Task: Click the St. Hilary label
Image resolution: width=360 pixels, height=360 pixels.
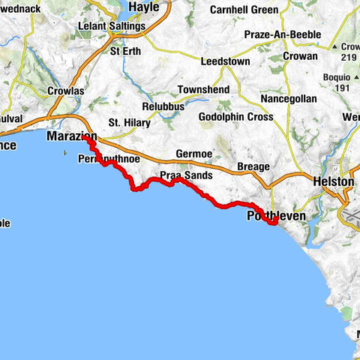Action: [x=125, y=122]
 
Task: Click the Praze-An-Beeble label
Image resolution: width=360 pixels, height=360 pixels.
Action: [x=283, y=34]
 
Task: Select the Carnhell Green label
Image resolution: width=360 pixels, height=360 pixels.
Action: [x=244, y=10]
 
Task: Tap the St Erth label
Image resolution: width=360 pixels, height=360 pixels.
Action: [x=124, y=52]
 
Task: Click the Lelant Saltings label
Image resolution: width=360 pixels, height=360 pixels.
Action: [x=112, y=26]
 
